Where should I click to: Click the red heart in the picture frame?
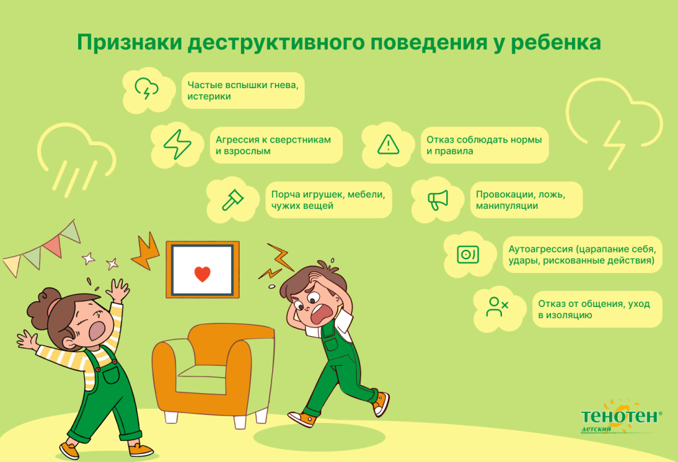202,273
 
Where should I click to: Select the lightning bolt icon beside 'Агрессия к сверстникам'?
177,144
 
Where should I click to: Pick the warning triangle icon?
388,144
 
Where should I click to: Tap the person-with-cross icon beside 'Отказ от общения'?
497,306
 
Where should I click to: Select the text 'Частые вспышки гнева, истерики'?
243,90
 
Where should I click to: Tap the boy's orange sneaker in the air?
381,404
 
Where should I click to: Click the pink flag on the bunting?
52,245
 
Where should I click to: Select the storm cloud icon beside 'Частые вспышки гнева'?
146,88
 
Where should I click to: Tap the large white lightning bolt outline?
615,143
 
